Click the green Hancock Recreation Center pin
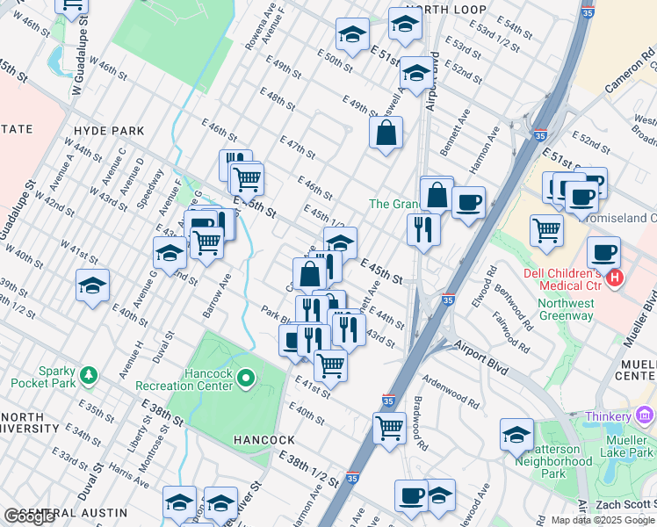(x=246, y=379)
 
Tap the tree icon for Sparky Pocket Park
(x=88, y=376)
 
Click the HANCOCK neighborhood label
(x=263, y=439)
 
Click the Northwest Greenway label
(x=566, y=310)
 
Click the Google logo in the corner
(x=29, y=516)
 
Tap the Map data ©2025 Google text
(x=601, y=520)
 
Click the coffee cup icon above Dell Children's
(x=603, y=252)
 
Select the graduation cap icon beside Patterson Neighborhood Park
(x=516, y=434)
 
